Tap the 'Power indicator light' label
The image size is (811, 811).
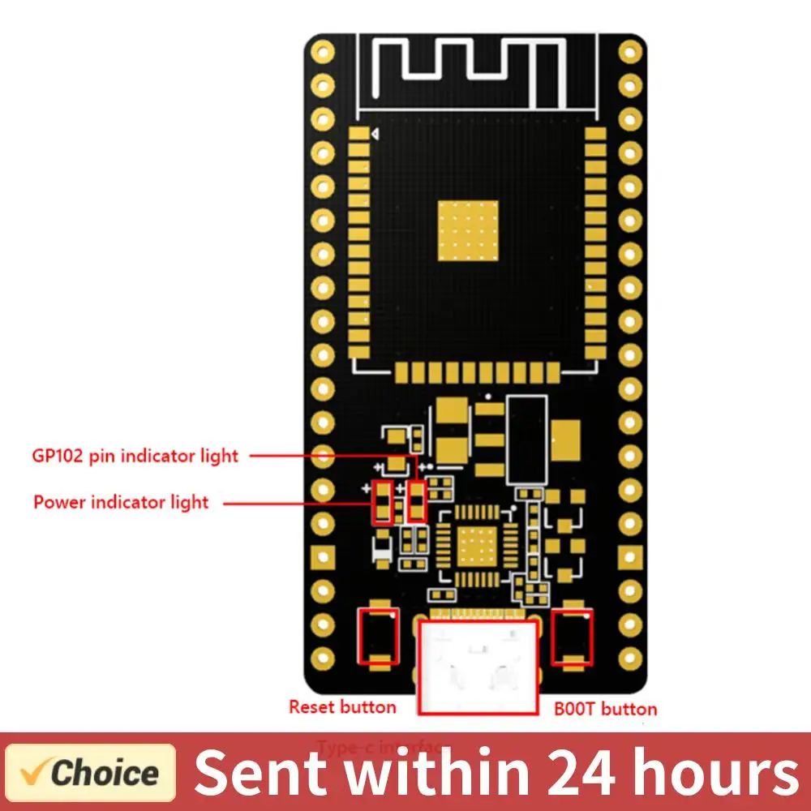click(x=121, y=502)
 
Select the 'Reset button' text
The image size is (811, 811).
click(x=342, y=707)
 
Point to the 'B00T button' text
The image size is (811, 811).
click(x=605, y=709)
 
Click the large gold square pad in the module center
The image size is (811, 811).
click(x=469, y=231)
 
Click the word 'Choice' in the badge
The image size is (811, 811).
click(x=105, y=773)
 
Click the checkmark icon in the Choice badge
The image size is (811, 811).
click(x=35, y=771)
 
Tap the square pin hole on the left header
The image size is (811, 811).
click(x=323, y=557)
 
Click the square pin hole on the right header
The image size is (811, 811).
click(x=629, y=557)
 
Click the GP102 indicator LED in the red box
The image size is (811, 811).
click(x=417, y=501)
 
